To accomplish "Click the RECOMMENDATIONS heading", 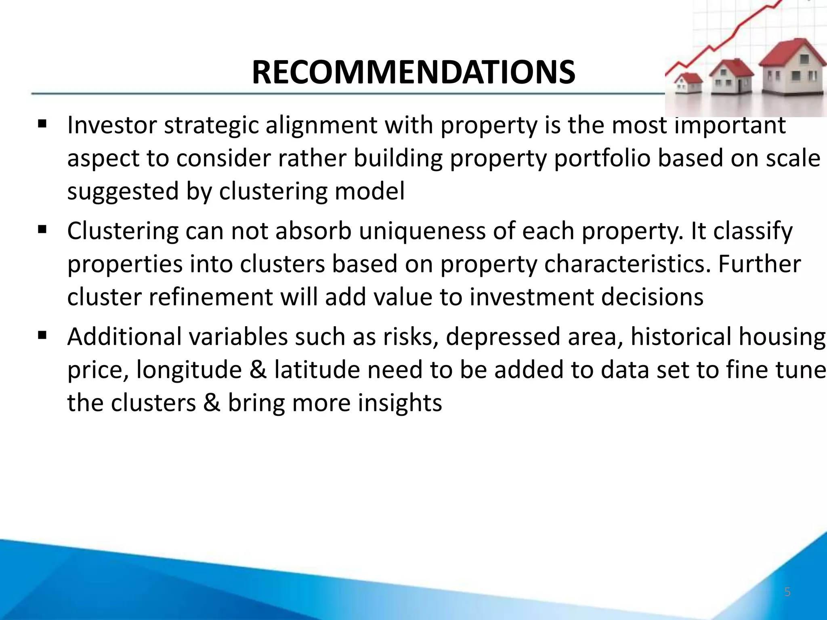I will [413, 73].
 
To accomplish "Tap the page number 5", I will [787, 592].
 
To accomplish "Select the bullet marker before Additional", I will [42, 335].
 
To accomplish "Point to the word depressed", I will [503, 337].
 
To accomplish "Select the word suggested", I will [122, 191].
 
